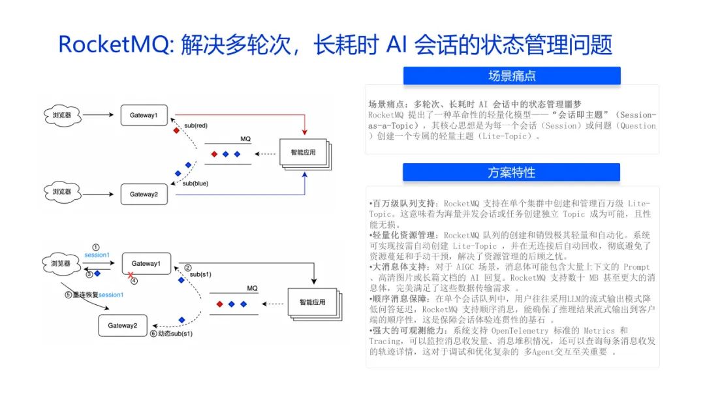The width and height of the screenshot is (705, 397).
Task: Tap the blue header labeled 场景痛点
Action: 512,76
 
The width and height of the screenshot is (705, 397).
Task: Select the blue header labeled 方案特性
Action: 512,172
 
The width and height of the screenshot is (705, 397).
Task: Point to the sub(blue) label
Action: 195,183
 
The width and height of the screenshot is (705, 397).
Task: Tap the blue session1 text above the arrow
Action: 97,255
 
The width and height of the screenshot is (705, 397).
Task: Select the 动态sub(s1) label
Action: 175,334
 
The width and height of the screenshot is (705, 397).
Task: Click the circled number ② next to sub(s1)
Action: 187,268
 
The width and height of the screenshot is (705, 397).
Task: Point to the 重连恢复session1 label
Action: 97,295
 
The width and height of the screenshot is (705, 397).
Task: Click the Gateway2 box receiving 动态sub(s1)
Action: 124,325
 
